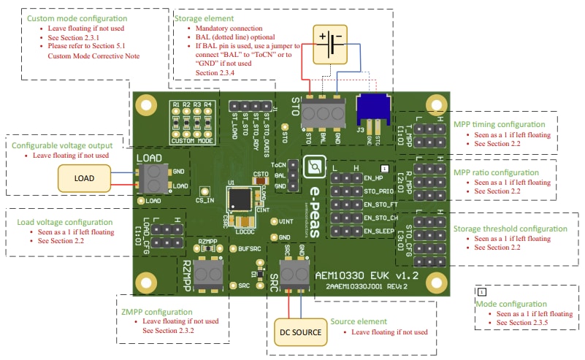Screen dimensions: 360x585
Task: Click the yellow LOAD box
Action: [x=84, y=178]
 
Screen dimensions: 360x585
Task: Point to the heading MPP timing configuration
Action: [x=499, y=124]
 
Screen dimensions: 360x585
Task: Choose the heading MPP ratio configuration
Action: [x=496, y=172]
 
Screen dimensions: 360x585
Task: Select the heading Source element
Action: [x=359, y=321]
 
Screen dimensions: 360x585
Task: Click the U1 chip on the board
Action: [x=240, y=198]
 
